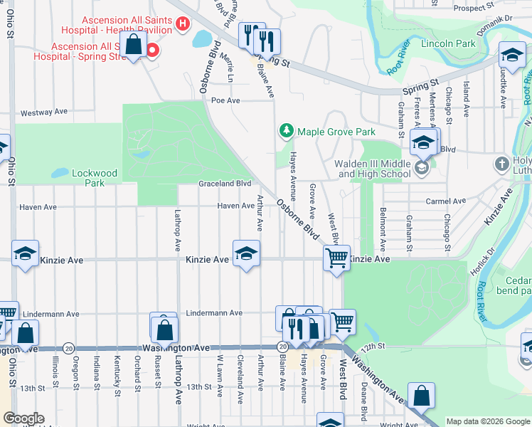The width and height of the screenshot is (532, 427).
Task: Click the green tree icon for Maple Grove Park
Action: (x=286, y=131)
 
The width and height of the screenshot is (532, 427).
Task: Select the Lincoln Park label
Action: (x=447, y=43)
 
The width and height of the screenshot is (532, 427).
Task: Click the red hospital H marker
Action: (x=182, y=23)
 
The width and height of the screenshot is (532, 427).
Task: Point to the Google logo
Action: (x=23, y=418)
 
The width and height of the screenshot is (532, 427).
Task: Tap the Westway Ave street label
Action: (x=43, y=112)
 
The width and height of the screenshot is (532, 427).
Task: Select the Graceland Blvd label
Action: (x=225, y=183)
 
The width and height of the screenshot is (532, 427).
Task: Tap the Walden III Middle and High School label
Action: (x=373, y=169)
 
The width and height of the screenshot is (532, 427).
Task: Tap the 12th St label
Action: (x=372, y=346)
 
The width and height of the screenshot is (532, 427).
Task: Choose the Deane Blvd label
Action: (x=363, y=401)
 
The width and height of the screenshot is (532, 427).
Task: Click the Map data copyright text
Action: (x=486, y=421)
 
